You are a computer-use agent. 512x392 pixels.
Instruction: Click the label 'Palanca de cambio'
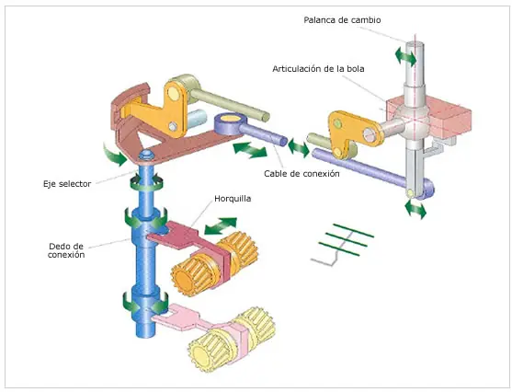(342, 20)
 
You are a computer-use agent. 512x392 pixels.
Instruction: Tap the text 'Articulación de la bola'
(318, 69)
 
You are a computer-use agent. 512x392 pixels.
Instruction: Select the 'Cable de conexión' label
(302, 173)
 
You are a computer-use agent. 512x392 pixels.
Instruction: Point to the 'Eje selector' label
(67, 184)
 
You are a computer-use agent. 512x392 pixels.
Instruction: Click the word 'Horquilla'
(233, 199)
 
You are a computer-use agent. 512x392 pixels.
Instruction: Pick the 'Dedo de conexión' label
(66, 250)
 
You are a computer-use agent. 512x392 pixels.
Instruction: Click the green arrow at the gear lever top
(405, 56)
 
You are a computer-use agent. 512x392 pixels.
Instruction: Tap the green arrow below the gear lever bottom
(415, 209)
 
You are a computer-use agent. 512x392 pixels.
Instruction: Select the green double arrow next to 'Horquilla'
(221, 225)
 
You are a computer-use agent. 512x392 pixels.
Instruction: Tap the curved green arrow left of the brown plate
(114, 154)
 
